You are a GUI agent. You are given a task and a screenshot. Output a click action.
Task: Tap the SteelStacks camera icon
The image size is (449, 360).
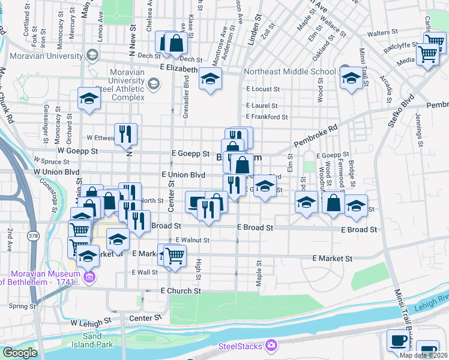pyautogui.click(x=271, y=345)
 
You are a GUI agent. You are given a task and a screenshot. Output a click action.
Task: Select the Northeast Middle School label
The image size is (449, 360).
pyautogui.click(x=291, y=71)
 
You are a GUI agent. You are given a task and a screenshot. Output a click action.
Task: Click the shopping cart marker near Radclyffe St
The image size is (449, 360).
pyautogui.click(x=428, y=55)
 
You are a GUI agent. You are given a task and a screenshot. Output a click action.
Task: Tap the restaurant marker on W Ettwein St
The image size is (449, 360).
pyautogui.click(x=125, y=134)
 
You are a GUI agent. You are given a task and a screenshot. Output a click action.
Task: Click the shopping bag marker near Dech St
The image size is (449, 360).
pyautogui.click(x=176, y=43)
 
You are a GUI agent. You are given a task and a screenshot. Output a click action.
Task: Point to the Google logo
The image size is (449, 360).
pyautogui.click(x=20, y=353)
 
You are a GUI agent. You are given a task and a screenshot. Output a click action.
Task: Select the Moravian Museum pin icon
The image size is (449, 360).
pyautogui.click(x=90, y=277)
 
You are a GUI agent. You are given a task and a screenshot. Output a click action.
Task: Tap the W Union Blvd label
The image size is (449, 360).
pyautogui.click(x=56, y=172)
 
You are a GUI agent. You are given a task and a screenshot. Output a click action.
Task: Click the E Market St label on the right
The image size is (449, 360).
pyautogui.click(x=332, y=259)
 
